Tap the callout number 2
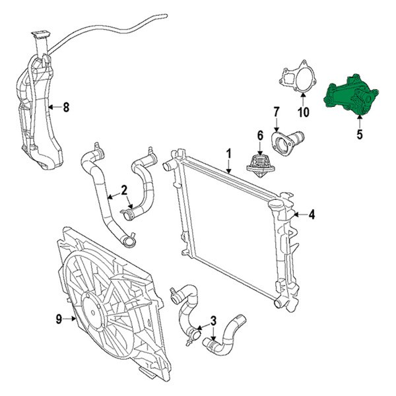[123, 191]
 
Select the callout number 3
[213, 321]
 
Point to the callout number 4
[312, 214]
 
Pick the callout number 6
[260, 136]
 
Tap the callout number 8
[65, 107]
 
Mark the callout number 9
[59, 319]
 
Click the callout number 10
[303, 112]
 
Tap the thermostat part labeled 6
[259, 163]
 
